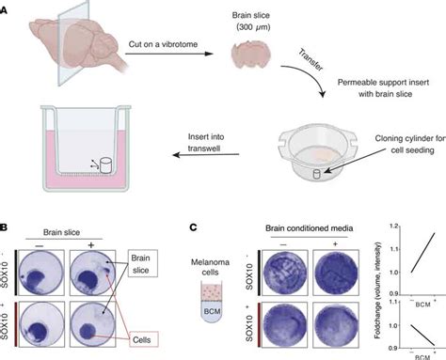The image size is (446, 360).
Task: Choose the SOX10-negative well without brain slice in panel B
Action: coord(50,267)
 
